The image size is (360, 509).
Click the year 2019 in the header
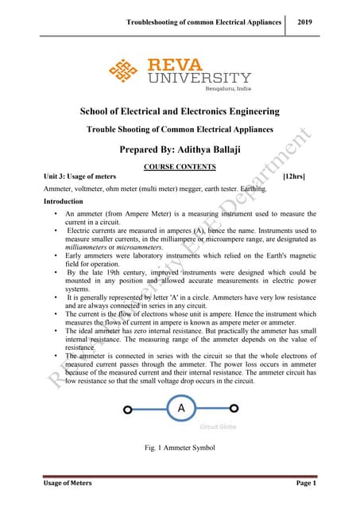click(x=304, y=21)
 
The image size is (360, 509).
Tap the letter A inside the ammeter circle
click(x=181, y=410)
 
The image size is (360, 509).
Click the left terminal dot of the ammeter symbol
click(x=128, y=410)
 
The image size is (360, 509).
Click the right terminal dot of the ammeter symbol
click(x=234, y=410)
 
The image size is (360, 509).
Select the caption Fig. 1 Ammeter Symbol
click(x=181, y=452)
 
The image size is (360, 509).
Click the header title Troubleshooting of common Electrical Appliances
click(x=204, y=21)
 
